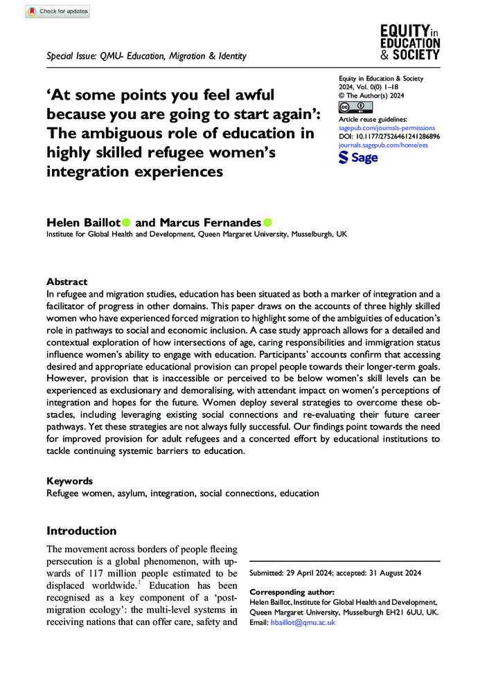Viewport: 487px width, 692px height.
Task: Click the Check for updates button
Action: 57,11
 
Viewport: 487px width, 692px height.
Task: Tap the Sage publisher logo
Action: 358,158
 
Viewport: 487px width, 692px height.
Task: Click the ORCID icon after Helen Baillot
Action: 126,223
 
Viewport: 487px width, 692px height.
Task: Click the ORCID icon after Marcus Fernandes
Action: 267,223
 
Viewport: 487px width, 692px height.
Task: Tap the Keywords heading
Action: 69,480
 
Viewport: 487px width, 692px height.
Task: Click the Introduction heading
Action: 81,531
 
